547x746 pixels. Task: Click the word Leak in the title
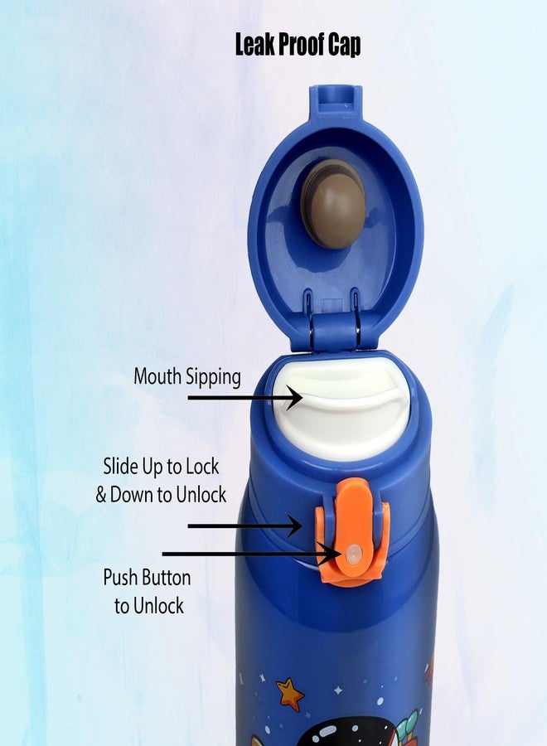point(254,45)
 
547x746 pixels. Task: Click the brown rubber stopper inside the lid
point(333,204)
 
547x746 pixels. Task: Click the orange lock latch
point(353,530)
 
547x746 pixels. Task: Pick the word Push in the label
point(121,577)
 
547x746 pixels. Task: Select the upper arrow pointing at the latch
point(244,525)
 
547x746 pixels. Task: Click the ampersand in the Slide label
point(101,495)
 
